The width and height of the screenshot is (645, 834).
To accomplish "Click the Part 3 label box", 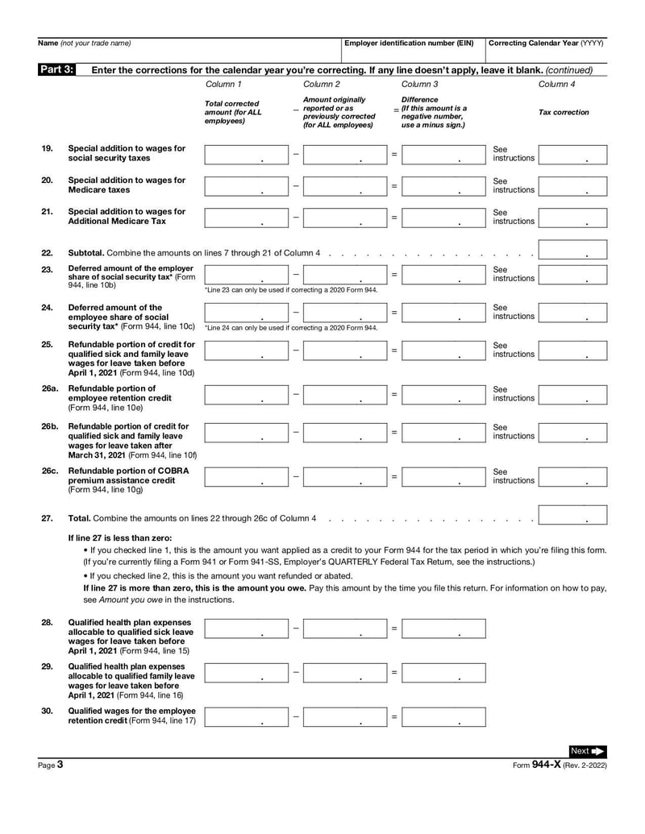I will (x=56, y=69).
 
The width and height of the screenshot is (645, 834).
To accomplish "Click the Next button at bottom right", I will (x=588, y=751).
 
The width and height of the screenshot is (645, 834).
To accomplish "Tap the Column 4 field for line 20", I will (x=572, y=186).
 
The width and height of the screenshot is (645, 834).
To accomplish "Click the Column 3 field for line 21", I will (x=443, y=218).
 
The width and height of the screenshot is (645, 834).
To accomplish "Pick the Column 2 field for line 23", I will (x=345, y=274).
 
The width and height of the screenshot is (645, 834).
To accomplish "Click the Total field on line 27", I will (x=572, y=515).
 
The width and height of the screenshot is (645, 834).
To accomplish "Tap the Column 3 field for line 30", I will (x=443, y=716).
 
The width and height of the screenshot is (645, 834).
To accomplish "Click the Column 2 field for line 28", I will (x=345, y=629).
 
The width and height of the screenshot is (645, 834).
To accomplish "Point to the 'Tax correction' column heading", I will (x=564, y=113).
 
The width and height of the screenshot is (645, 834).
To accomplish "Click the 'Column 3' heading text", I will (x=419, y=84).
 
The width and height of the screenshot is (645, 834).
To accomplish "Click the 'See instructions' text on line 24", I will (x=513, y=312).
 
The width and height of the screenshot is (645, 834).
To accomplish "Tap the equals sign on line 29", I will (x=394, y=672).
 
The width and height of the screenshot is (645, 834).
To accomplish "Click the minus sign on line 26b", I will (x=296, y=432).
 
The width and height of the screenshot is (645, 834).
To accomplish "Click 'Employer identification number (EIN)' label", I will (x=409, y=43).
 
